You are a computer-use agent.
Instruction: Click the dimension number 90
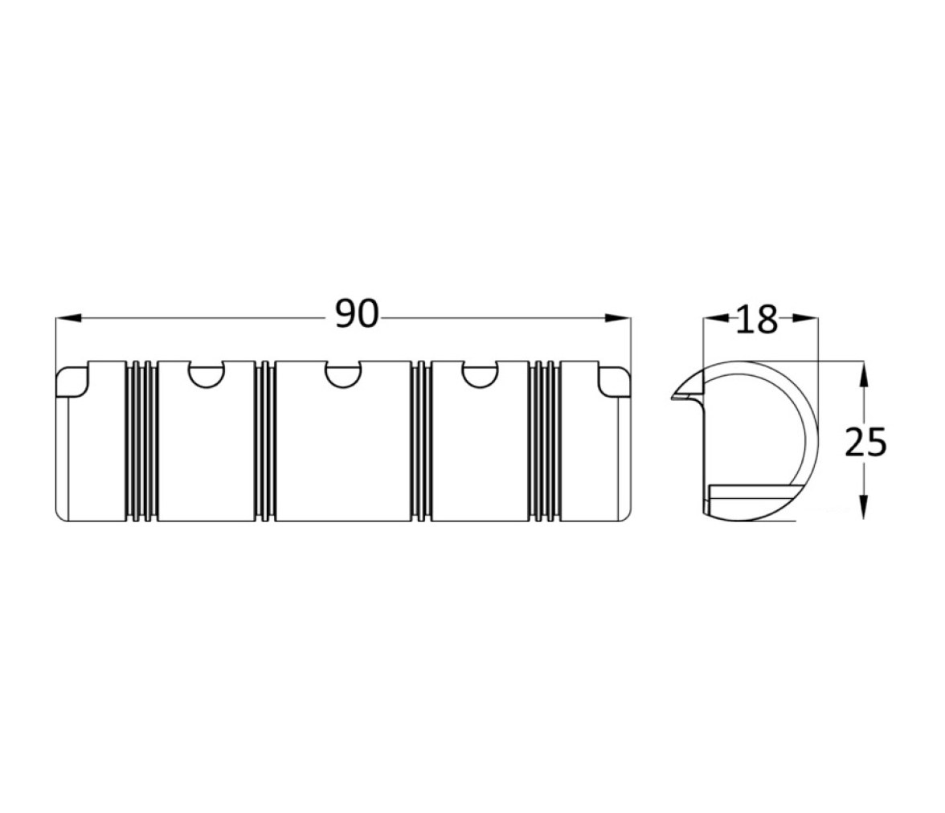[357, 315]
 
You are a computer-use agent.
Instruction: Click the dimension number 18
[757, 320]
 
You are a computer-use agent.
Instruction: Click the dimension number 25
[865, 443]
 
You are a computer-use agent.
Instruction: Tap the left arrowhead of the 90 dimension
[68, 317]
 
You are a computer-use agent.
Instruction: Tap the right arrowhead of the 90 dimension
[618, 317]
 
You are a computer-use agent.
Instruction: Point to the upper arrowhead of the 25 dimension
[863, 374]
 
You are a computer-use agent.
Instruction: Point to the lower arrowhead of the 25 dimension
[863, 507]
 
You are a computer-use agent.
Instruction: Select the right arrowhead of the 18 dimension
[804, 320]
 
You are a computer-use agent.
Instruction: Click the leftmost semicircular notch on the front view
[206, 374]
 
